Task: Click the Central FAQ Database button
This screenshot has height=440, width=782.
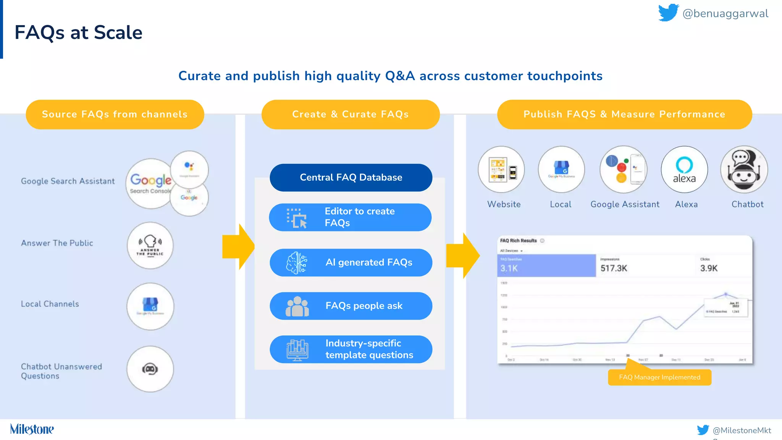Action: point(351,178)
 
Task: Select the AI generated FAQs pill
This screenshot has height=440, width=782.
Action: point(351,263)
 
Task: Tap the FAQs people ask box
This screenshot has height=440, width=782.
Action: point(351,306)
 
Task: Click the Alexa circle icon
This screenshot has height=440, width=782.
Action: point(684,170)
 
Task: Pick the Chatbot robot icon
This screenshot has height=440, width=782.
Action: point(744,170)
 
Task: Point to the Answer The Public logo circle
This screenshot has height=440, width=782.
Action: point(150,246)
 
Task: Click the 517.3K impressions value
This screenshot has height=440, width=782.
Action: point(614,268)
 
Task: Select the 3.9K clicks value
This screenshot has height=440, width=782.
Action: point(709,268)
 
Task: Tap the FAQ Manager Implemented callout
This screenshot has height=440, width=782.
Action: point(659,377)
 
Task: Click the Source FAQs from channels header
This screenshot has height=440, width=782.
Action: point(115,114)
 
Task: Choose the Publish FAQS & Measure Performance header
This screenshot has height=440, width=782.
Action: point(624,114)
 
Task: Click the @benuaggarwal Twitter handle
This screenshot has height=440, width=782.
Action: point(725,14)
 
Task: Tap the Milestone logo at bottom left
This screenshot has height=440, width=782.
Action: point(32,429)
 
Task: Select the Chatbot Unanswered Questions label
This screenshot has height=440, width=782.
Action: point(61,371)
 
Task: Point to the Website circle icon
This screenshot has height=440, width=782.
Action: point(501,170)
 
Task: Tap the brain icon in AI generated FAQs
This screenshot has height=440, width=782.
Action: point(297,263)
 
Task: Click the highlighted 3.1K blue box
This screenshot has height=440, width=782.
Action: point(546,265)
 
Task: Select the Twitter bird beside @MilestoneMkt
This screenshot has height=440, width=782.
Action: point(703,430)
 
